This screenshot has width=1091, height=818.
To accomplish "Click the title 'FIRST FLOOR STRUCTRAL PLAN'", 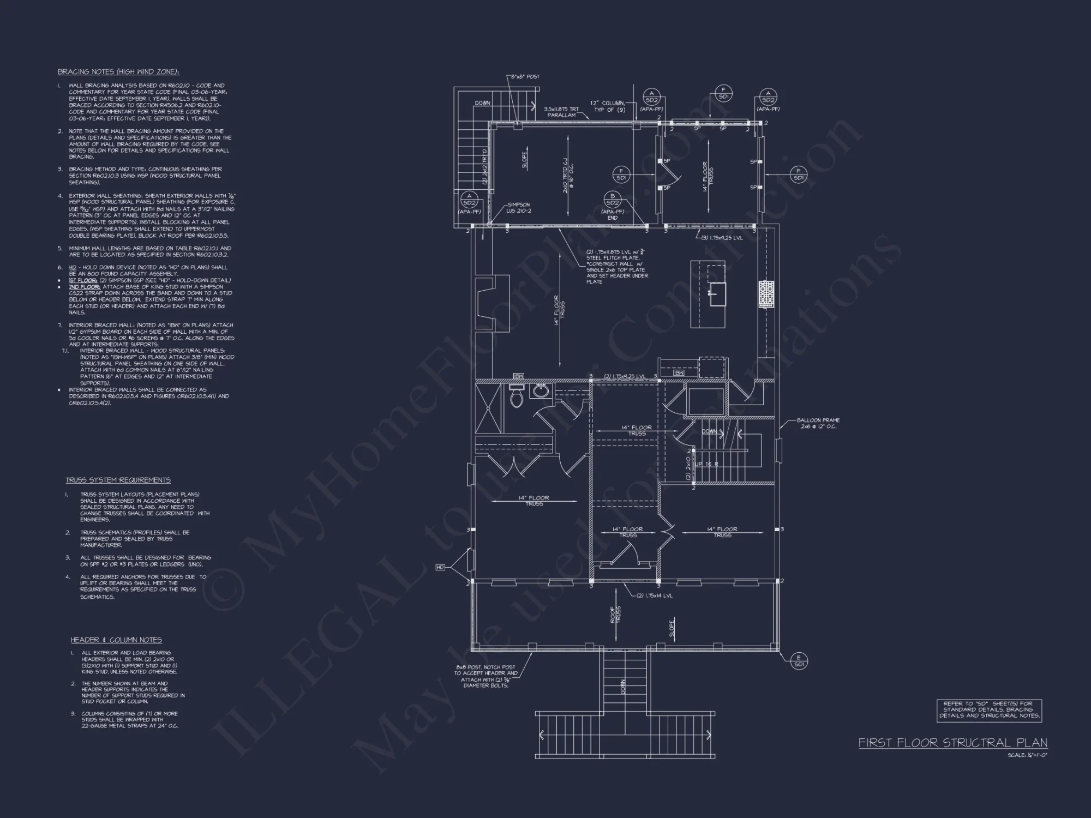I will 952,743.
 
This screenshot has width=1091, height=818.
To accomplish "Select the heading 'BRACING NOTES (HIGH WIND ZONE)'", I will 118,71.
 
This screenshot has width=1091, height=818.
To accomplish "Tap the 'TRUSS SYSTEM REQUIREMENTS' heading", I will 118,480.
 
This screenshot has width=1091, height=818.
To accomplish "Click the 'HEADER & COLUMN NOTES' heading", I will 116,640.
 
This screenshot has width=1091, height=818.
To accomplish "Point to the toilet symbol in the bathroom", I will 516,397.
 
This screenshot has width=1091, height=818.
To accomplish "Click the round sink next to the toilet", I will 541,391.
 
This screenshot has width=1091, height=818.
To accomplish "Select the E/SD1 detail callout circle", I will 799,661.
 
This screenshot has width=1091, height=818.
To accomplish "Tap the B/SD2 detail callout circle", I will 612,199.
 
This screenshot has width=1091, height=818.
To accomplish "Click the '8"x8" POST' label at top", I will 525,76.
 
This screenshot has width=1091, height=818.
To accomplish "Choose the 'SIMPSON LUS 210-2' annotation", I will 519,208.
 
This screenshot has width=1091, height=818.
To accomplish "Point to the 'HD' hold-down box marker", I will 440,568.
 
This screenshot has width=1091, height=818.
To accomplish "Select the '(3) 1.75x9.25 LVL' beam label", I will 722,238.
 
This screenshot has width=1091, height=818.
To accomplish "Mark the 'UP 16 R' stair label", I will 706,464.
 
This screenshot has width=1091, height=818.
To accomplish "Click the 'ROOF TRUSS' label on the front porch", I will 615,615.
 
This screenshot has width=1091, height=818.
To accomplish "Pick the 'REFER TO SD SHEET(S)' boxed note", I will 988,711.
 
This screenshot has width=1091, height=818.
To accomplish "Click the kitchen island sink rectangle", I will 717,295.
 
